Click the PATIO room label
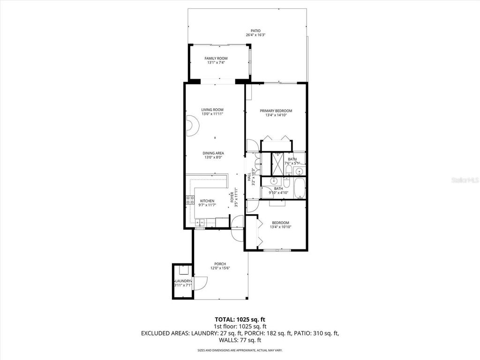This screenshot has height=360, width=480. coord(255,31)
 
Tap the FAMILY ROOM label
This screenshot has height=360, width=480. coord(216,59)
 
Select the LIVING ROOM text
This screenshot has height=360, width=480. coord(212,110)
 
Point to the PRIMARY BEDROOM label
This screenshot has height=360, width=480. coord(276,111)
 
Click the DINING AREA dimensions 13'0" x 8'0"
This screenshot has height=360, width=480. coord(213,158)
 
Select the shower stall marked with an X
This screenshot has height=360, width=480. coord(277,164)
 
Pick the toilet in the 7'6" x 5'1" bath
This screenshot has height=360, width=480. coord(289,170)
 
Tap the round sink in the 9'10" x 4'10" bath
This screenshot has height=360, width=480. coord(275,181)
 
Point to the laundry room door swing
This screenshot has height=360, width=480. coord(200,282)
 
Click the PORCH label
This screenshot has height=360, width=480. coord(220,264)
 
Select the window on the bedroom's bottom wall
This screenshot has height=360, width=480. coord(277,250)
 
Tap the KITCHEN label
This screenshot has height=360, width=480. coord(207,201)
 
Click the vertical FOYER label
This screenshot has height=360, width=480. coord(232,197)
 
